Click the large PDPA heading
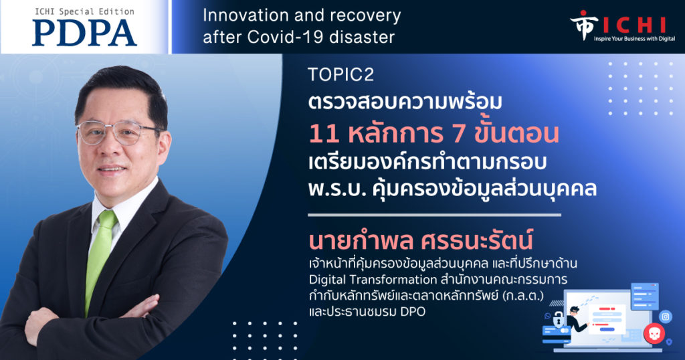84,33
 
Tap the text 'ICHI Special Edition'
85,12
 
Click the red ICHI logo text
634,25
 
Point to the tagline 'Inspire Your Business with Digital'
634,39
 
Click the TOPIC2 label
340,75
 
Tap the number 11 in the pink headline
324,134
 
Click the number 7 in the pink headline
458,134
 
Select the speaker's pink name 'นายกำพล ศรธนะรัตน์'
421,240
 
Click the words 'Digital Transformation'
373,280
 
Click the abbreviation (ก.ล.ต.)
523,295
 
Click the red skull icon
654,334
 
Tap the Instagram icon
666,317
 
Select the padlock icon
558,320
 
